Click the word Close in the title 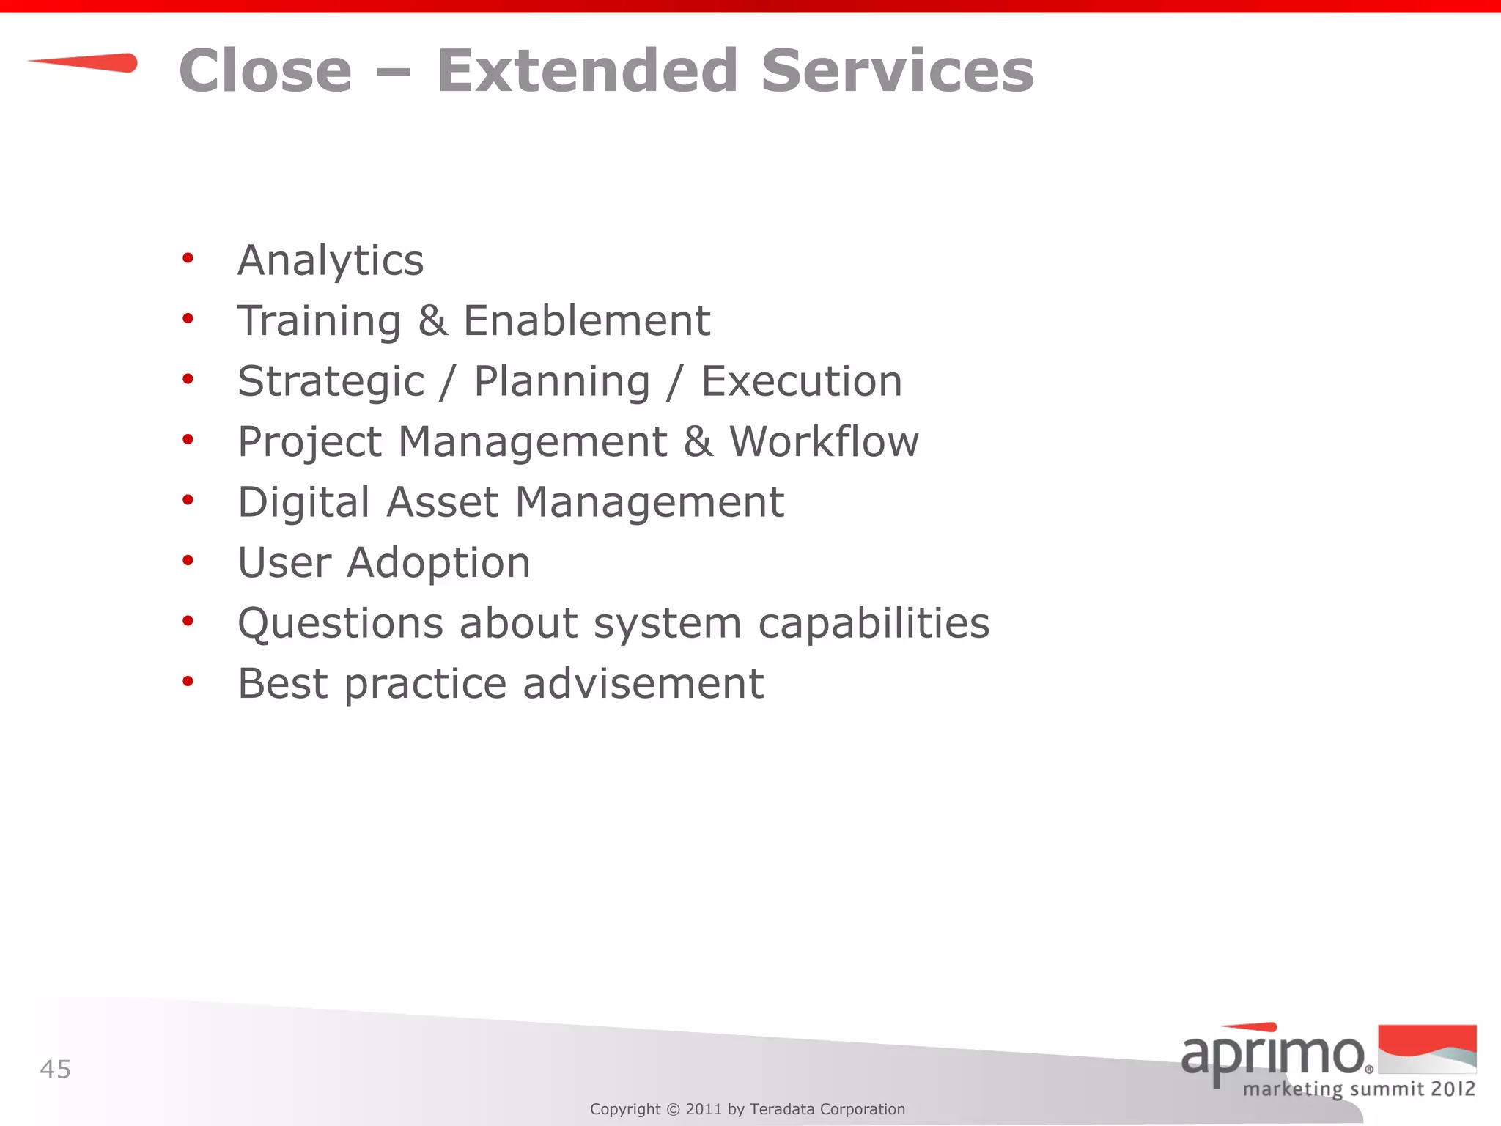click(265, 71)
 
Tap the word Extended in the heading click(587, 71)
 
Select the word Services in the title click(897, 71)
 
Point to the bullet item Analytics click(331, 261)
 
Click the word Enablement click(586, 321)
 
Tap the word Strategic click(331, 382)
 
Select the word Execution click(802, 382)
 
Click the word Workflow click(824, 442)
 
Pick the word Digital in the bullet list click(303, 503)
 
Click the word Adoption click(438, 563)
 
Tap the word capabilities click(874, 624)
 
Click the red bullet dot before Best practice click(188, 682)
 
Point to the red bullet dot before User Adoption click(188, 561)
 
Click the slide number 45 click(55, 1070)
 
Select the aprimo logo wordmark click(1272, 1053)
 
